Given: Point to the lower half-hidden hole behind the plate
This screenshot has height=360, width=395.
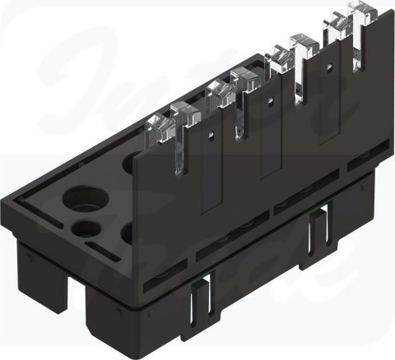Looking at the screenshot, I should tap(128, 233).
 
